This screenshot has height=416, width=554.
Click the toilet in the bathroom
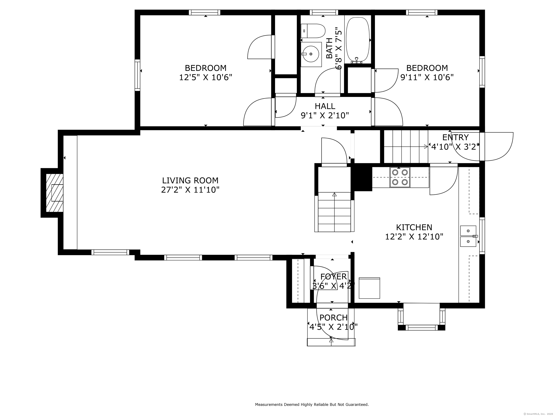tap(313, 31)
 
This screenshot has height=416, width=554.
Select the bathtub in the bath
tap(357, 40)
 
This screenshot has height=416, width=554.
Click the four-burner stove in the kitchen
tap(400, 177)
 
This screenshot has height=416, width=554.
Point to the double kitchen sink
tap(468, 236)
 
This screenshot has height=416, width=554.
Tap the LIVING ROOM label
tap(190, 181)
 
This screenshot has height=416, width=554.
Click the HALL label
tap(325, 106)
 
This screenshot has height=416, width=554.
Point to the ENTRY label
tap(455, 137)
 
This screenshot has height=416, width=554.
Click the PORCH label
tap(333, 318)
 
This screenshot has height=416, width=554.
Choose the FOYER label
tap(333, 277)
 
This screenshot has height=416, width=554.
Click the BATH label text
tap(329, 48)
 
